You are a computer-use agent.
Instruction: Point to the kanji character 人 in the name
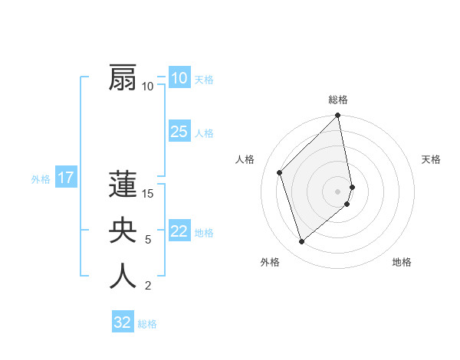[x=123, y=276]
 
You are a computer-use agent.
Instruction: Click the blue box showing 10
[x=179, y=78]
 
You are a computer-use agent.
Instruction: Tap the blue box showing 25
[x=179, y=132]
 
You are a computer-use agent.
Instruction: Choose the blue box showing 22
[x=179, y=231]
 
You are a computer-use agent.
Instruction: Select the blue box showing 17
[x=66, y=178]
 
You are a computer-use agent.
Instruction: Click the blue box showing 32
[x=123, y=322]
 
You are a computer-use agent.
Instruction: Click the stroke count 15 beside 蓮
[x=149, y=194]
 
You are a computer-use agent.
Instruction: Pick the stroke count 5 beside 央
[x=148, y=240]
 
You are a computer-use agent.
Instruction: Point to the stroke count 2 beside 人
[x=148, y=286]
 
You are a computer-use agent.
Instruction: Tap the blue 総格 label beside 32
[x=147, y=324]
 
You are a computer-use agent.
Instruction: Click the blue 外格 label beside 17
[x=41, y=179]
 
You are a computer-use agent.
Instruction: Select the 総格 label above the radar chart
[x=338, y=100]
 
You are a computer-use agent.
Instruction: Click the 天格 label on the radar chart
[x=431, y=159]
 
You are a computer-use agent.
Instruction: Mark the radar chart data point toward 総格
[x=338, y=116]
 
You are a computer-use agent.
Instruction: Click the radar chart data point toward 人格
[x=280, y=172]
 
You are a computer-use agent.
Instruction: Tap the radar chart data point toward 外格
[x=302, y=241]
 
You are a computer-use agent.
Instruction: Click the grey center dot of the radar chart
[x=338, y=191]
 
